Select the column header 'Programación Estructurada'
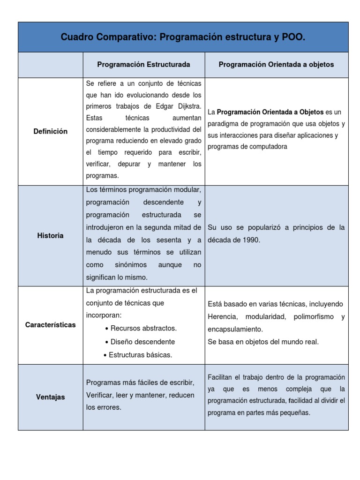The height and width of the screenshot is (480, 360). click(143, 65)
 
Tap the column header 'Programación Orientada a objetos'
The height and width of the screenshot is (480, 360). click(276, 65)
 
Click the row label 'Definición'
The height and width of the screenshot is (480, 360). click(50, 131)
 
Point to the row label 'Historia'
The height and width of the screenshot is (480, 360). click(50, 235)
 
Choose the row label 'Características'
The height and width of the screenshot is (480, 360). click(50, 325)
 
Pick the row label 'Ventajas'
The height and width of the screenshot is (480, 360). click(50, 397)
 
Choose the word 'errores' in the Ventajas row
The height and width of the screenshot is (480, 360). click(110, 407)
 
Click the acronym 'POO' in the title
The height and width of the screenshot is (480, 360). click(293, 37)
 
